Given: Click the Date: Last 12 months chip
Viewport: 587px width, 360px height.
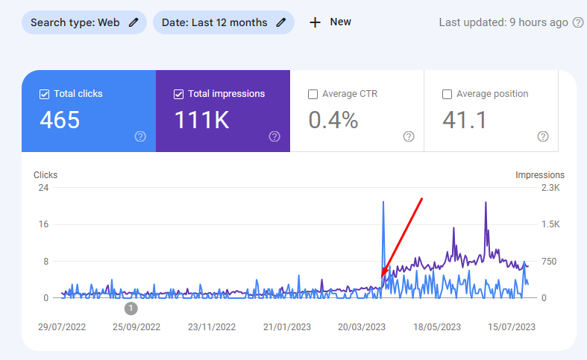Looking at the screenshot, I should click(223, 22).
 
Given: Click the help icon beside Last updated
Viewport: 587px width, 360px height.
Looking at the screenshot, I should click(577, 22).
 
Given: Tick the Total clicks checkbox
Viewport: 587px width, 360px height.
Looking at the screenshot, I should click(44, 95).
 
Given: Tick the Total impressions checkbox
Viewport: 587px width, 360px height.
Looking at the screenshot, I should click(178, 95).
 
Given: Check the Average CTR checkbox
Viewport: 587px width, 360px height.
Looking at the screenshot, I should click(313, 95).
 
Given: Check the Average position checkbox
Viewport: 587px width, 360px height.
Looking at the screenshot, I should click(447, 95).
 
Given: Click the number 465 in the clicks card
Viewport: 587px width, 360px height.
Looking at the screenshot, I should click(60, 120).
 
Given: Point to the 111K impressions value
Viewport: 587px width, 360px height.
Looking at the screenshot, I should click(201, 120).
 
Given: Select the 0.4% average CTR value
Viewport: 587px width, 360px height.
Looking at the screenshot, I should click(333, 120).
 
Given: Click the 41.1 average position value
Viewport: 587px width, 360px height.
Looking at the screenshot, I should click(465, 120).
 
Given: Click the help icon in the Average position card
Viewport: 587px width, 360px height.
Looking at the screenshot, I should click(543, 136).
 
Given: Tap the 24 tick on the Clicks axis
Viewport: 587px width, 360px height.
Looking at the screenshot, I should click(43, 188).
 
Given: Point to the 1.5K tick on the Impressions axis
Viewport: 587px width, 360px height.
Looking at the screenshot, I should click(550, 224).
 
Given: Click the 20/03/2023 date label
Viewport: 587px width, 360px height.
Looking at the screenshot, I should click(362, 326).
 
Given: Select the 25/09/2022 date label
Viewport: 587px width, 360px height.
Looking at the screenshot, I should click(136, 326).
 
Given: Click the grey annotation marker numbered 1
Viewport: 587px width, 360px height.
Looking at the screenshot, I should click(131, 308).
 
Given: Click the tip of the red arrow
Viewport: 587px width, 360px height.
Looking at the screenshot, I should click(382, 277).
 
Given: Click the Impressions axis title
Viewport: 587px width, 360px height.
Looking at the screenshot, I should click(539, 175).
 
